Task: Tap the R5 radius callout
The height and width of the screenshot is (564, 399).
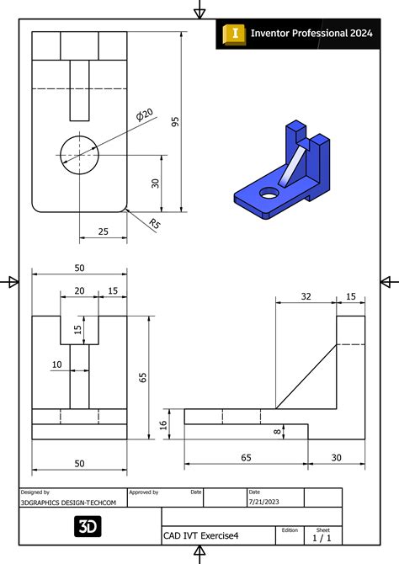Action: [x=155, y=223]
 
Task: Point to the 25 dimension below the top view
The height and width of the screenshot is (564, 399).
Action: [x=103, y=231]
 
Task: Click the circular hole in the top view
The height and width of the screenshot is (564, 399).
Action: [x=79, y=152]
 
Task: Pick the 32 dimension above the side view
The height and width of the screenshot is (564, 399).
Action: [x=305, y=295]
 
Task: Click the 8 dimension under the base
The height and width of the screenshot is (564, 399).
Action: [x=278, y=431]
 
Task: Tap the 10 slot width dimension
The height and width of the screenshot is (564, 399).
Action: [x=57, y=364]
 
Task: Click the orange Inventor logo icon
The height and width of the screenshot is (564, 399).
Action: [x=233, y=33]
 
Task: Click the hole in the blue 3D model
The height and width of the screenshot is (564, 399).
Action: [x=269, y=193]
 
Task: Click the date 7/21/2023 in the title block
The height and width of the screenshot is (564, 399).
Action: [x=264, y=502]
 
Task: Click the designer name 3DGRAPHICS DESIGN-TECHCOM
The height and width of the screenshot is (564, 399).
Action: [x=68, y=502]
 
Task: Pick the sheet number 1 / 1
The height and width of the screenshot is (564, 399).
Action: [x=322, y=537]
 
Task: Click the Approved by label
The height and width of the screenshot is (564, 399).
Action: [x=144, y=492]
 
